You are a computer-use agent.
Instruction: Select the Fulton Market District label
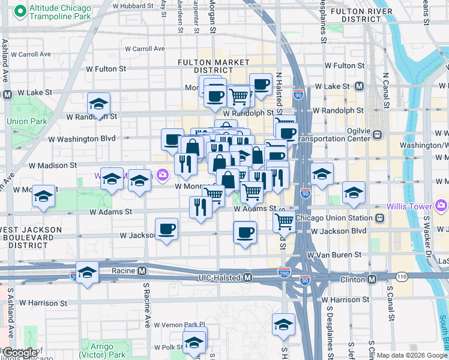(213, 67)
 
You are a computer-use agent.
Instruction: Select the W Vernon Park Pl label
(179, 325)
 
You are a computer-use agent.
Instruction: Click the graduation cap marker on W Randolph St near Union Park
(98, 104)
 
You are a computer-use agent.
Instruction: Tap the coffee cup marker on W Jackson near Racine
(166, 229)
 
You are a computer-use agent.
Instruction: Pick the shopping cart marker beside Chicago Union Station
(284, 221)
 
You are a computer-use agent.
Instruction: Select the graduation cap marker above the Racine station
(87, 273)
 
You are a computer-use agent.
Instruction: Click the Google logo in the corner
(20, 353)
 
